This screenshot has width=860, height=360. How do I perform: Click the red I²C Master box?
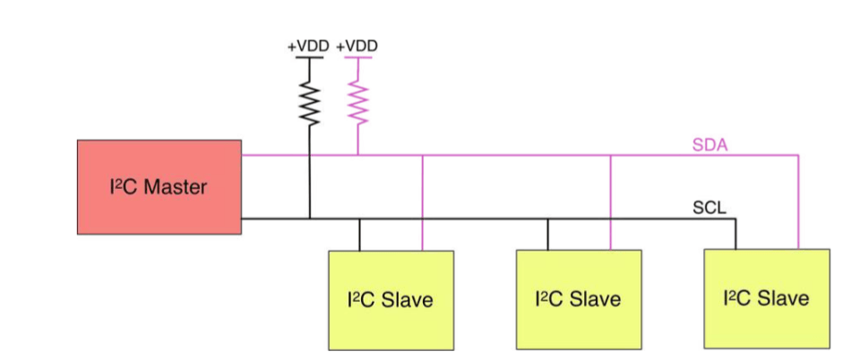click(159, 186)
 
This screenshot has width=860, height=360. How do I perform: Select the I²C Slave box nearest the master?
click(391, 298)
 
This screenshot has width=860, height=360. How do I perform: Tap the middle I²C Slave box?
click(579, 298)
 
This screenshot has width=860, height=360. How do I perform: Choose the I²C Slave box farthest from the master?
click(767, 298)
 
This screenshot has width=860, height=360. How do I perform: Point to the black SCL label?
click(709, 209)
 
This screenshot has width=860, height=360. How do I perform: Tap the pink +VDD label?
click(357, 46)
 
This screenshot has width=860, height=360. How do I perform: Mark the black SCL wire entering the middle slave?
click(547, 234)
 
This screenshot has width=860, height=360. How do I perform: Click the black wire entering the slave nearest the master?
click(359, 234)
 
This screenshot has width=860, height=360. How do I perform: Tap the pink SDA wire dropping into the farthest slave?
click(798, 201)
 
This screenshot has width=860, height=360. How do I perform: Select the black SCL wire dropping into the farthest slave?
click(735, 234)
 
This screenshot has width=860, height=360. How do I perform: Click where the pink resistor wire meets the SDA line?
click(358, 155)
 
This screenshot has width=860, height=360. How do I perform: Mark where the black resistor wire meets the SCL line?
click(310, 219)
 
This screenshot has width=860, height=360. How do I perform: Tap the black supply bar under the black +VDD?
click(310, 58)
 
